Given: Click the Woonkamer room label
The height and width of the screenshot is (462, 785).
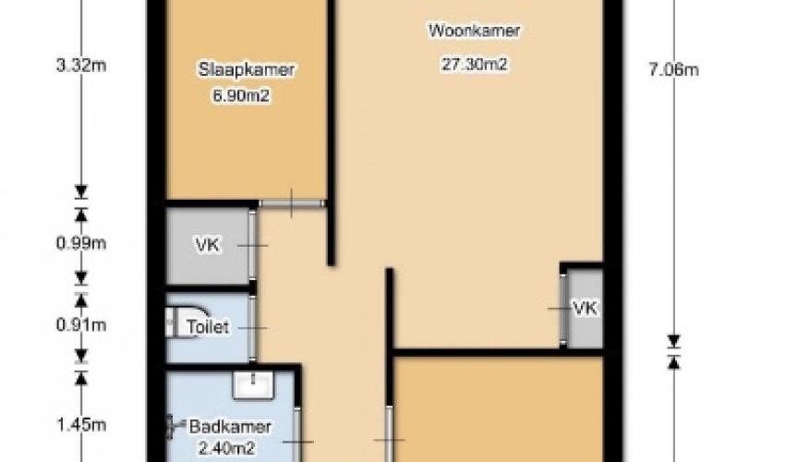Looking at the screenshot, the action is click(x=474, y=30).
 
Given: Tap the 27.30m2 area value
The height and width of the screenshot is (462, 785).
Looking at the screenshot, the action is click(x=474, y=64).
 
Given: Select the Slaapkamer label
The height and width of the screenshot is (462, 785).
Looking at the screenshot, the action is click(x=246, y=69).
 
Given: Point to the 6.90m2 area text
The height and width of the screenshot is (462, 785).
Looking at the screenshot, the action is click(x=241, y=95).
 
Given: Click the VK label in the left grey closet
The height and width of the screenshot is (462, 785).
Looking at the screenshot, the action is click(x=207, y=245).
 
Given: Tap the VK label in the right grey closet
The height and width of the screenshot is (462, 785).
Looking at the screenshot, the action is click(x=585, y=309).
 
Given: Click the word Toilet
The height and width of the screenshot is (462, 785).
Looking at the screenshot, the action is click(x=208, y=327).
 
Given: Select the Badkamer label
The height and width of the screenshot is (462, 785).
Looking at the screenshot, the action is click(x=230, y=427).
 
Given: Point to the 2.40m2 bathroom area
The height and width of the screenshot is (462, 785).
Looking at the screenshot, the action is click(x=227, y=447).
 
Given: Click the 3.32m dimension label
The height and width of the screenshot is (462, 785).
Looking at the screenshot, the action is click(x=81, y=65).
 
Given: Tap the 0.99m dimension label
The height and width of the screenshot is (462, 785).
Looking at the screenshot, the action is click(x=81, y=243).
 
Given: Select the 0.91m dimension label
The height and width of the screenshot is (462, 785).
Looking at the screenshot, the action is click(x=81, y=325).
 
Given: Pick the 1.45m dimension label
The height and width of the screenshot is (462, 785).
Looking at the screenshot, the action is click(x=81, y=425).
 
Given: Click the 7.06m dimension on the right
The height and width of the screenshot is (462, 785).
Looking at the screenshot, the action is click(x=674, y=69).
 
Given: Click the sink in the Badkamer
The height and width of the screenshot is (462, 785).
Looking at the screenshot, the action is click(x=254, y=384).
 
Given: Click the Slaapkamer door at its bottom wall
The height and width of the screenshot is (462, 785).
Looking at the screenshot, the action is click(x=292, y=203).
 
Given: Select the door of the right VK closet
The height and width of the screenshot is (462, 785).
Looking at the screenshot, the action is click(x=562, y=310).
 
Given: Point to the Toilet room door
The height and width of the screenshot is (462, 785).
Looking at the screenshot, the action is click(x=252, y=328).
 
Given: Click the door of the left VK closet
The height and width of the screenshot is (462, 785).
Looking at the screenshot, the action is click(x=252, y=246).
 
